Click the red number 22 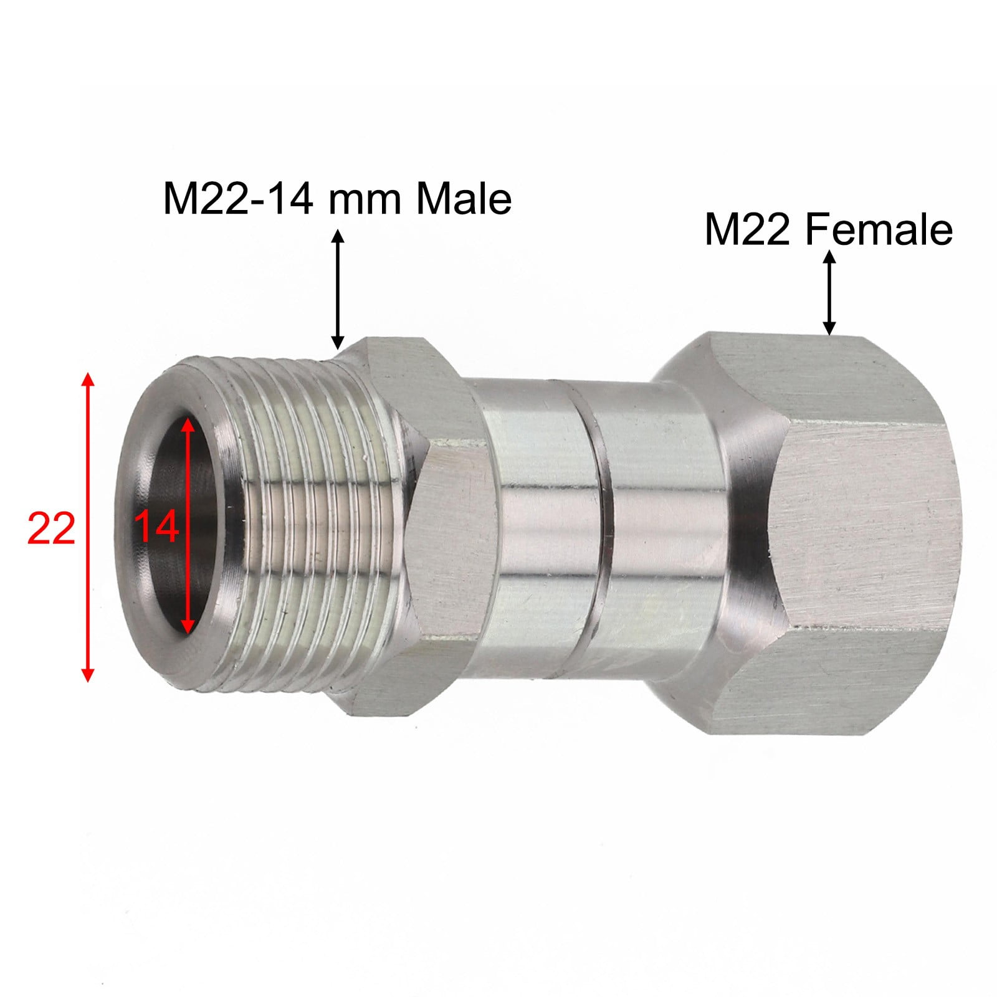coord(51,528)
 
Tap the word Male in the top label coord(464,199)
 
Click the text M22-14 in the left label coord(237,199)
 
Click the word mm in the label coord(365,199)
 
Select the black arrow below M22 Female coord(829,292)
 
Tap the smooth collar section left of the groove coord(536,530)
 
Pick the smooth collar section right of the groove coord(654,530)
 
